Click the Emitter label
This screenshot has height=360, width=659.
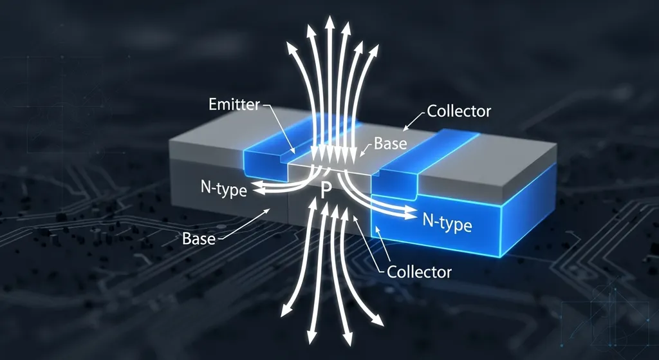tap(234, 104)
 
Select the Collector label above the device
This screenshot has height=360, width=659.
tap(459, 111)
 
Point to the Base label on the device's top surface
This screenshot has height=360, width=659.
tap(391, 143)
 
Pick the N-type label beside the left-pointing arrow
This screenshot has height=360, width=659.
tap(224, 189)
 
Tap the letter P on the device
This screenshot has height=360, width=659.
tap(326, 190)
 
